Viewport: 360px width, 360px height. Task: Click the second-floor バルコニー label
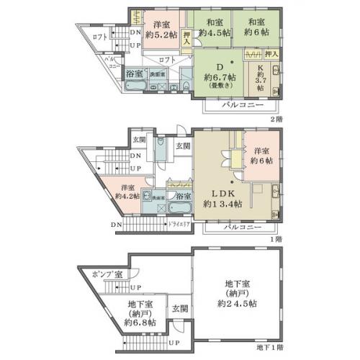coord(237,104)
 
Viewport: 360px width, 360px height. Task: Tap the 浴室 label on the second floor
coord(134,73)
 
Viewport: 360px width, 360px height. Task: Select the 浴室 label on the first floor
coord(183,196)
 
